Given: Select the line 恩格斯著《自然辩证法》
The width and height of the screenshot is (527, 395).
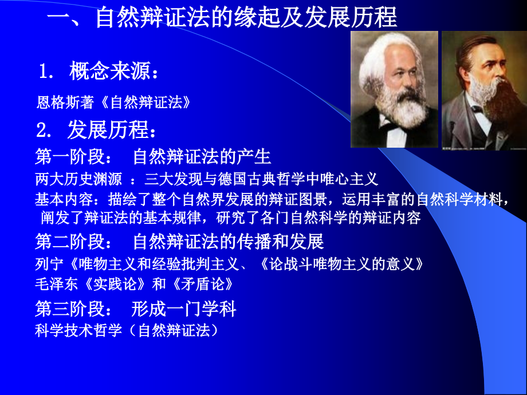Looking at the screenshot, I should pos(113,103).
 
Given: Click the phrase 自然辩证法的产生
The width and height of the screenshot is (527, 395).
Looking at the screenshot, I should pos(202,157).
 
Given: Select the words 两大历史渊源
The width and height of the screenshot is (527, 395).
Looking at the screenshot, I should pos(78,180).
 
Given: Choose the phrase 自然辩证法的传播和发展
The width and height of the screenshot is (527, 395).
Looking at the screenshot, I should pos(228,242).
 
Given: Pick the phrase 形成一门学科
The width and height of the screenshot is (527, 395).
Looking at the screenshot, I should pos(183,310).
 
